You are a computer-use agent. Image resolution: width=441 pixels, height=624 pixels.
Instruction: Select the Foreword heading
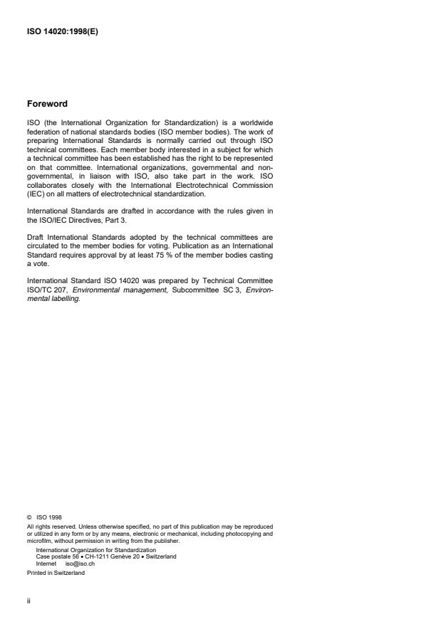pos(47,103)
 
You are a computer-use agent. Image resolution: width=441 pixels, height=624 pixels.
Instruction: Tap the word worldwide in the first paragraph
pos(254,122)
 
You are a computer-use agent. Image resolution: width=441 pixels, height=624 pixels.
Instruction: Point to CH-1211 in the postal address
pos(96,556)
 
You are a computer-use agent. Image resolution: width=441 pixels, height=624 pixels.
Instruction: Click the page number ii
pos(28,600)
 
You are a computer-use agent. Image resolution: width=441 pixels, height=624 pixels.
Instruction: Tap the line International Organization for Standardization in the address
pos(95,550)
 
